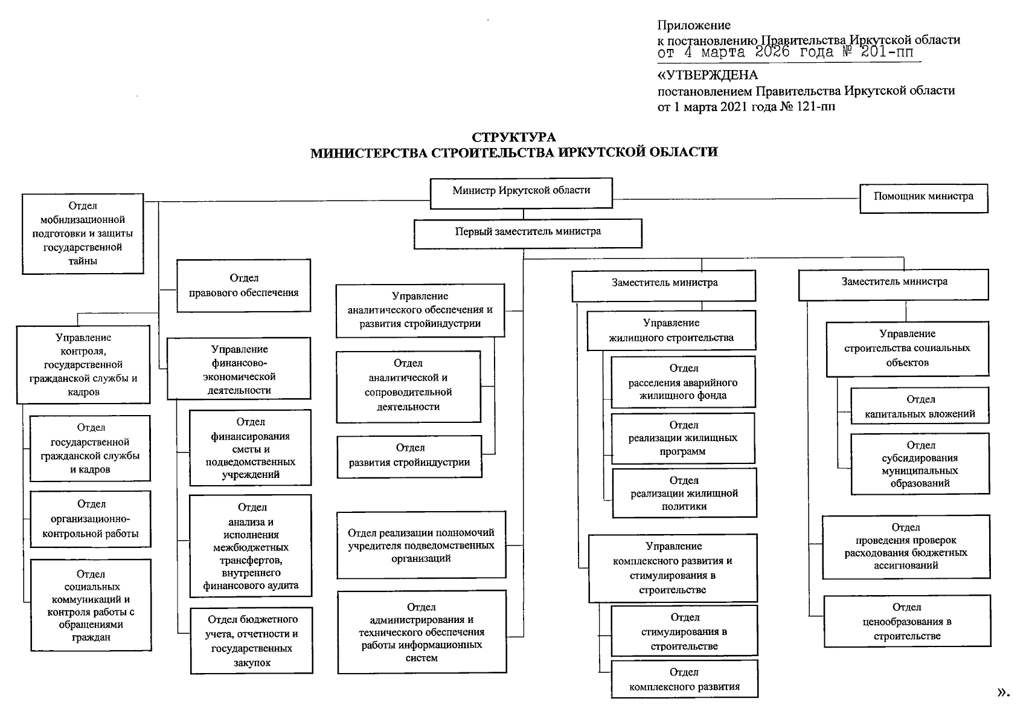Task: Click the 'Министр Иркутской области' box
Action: click(521, 193)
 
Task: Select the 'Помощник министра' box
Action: click(923, 198)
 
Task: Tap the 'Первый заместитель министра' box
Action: click(528, 233)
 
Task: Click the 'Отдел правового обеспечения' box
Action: click(243, 286)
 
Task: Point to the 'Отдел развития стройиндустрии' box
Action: click(409, 456)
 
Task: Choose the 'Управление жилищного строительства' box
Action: click(671, 330)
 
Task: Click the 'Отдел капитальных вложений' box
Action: click(920, 406)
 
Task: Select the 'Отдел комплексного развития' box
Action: click(684, 679)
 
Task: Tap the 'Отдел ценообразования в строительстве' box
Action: click(907, 621)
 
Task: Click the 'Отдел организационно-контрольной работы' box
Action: click(91, 519)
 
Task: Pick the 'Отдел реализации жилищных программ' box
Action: click(683, 438)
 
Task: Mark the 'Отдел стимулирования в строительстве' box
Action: click(684, 631)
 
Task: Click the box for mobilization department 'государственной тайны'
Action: click(83, 234)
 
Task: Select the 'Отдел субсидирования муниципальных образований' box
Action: click(920, 464)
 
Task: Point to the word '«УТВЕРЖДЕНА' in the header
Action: click(707, 76)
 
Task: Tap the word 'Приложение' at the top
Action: click(694, 25)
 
